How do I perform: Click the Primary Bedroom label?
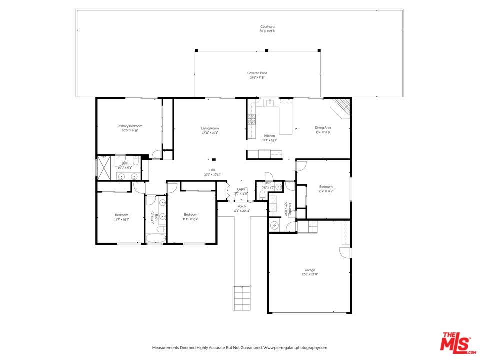[x=130, y=126]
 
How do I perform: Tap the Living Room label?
[x=210, y=128]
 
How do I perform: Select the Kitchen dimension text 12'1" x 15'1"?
[x=269, y=140]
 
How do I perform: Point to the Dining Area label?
[x=323, y=128]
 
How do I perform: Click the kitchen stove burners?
[x=252, y=119]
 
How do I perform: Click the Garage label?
[x=309, y=270]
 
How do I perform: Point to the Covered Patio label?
[x=257, y=73]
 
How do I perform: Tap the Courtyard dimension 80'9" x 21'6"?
[x=267, y=31]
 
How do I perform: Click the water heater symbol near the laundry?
[x=275, y=225]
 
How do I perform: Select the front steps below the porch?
[x=241, y=298]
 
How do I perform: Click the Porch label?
[x=241, y=206]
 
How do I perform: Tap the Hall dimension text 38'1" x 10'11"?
[x=212, y=174]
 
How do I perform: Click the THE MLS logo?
[x=455, y=342]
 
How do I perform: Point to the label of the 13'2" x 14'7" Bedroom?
[x=326, y=187]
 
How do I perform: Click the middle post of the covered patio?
[x=266, y=50]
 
